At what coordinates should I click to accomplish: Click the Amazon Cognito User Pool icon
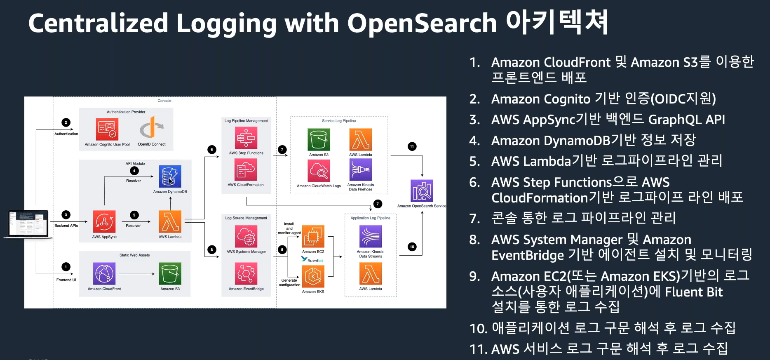pos(107,129)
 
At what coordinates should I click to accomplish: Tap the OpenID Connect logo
pos(151,128)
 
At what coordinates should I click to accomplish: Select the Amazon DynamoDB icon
pos(170,176)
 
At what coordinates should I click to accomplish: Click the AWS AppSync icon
pos(104,222)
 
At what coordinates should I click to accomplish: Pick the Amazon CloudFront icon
pos(104,273)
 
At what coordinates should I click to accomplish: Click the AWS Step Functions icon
pos(246,138)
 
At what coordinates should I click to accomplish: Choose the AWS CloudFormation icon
pos(246,169)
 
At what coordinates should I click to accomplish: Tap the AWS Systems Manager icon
pos(246,237)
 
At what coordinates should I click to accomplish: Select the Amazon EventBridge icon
pos(246,273)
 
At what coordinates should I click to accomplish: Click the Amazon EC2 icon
pos(313,236)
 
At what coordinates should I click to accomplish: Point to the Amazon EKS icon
pos(313,276)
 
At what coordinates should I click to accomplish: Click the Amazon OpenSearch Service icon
pos(422,191)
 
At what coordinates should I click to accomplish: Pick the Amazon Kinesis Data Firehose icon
pos(361,169)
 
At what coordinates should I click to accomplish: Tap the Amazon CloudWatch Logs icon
pos(319,170)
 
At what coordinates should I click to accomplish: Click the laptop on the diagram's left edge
pos(28,224)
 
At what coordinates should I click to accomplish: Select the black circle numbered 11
pos(412,146)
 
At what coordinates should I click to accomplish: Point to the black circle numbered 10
pos(412,247)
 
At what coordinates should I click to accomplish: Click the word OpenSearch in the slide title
pos(422,23)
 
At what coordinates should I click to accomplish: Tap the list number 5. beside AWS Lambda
pos(475,161)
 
